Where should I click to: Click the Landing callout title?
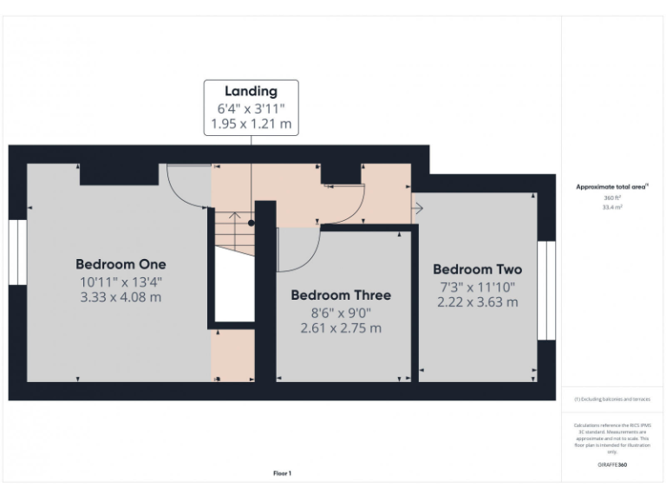[251, 91]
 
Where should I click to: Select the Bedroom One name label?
[121, 264]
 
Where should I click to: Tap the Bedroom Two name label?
[477, 269]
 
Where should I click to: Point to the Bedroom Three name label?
[340, 295]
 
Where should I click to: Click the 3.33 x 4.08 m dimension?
[121, 297]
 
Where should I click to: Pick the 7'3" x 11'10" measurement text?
[478, 286]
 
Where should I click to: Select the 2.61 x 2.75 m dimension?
[340, 328]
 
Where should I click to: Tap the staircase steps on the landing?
[233, 232]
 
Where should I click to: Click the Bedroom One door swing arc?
[186, 186]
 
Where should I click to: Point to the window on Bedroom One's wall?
[17, 252]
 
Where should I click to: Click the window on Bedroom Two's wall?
[546, 290]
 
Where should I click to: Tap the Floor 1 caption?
[283, 473]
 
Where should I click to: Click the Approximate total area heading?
[611, 186]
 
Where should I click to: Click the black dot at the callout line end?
[251, 223]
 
